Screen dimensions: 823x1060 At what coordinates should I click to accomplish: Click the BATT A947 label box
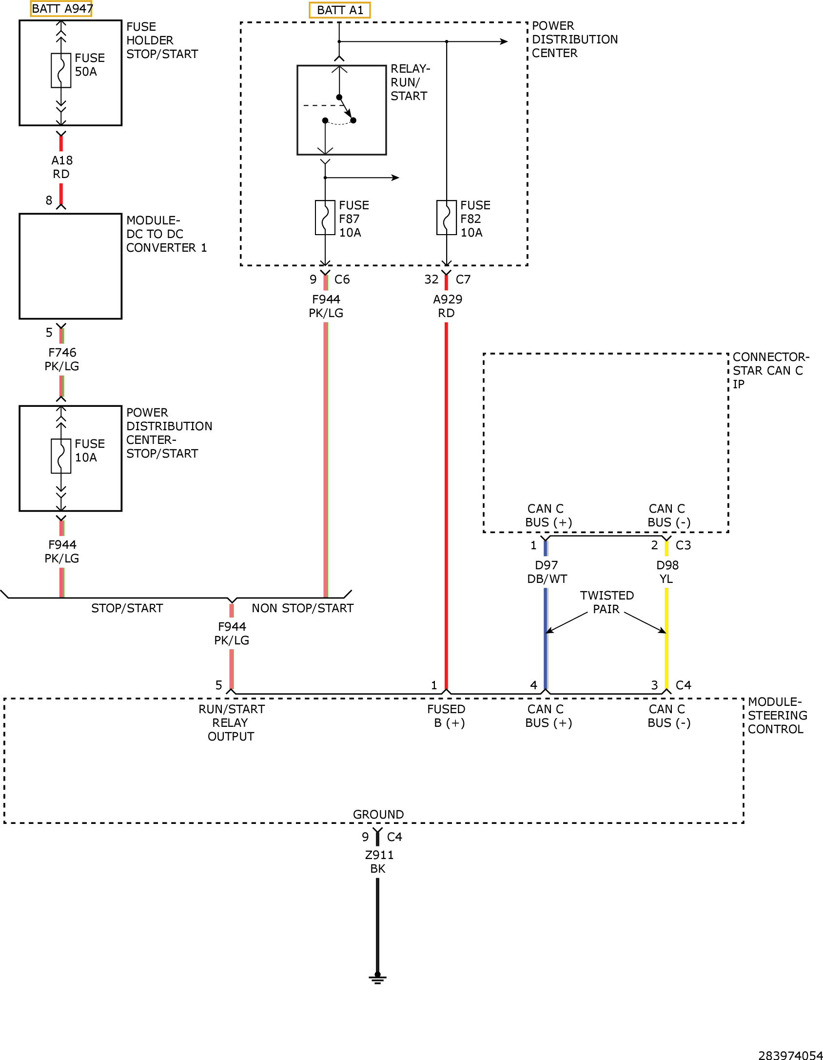(61, 9)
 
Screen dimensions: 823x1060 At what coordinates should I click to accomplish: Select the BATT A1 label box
(340, 10)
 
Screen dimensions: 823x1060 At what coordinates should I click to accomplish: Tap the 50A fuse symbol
(61, 71)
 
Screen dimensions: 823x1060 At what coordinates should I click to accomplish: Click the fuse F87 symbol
(325, 218)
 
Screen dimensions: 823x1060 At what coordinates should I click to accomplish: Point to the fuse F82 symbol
(447, 218)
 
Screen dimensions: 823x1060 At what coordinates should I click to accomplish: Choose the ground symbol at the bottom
(377, 978)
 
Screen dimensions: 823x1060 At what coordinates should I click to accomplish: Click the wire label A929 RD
(447, 306)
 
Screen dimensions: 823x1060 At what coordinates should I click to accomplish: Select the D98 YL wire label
(667, 572)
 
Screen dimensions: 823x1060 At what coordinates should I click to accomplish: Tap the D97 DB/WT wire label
(547, 572)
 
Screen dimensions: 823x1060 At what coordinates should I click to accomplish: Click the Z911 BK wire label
(379, 862)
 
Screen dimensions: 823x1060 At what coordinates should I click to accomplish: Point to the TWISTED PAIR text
(607, 602)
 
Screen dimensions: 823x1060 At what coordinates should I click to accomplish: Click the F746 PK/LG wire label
(62, 360)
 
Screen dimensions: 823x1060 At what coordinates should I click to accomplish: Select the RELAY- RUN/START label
(410, 82)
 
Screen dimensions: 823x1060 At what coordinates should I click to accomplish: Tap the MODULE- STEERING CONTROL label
(778, 716)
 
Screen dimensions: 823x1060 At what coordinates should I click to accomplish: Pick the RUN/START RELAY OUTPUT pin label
(232, 723)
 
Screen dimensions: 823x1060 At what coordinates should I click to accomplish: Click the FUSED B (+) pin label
(447, 716)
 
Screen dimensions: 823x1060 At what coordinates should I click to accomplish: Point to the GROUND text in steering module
(378, 815)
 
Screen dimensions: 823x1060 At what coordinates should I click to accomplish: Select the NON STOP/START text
(303, 608)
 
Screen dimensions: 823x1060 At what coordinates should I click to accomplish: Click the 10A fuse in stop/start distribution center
(61, 457)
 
